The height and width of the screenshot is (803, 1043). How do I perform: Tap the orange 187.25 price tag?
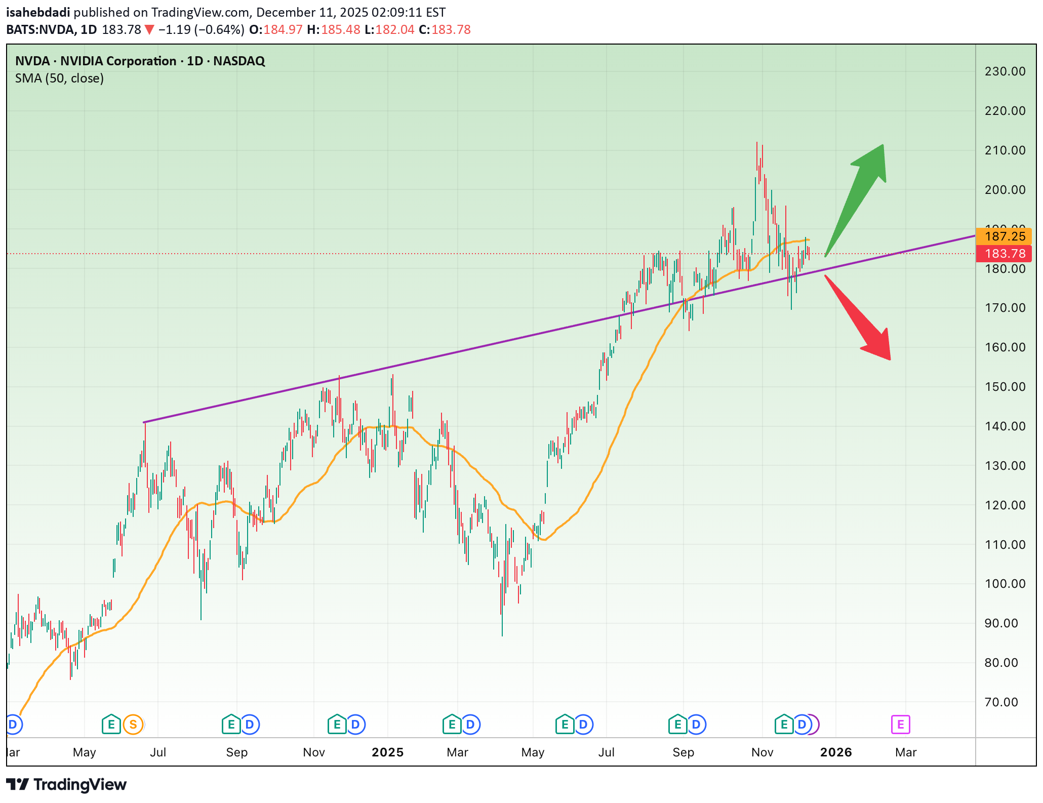click(1005, 236)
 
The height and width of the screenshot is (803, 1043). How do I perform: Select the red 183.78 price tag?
click(1005, 254)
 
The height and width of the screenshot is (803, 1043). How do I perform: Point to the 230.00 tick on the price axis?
click(1005, 71)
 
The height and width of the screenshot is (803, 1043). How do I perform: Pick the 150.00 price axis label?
click(1005, 387)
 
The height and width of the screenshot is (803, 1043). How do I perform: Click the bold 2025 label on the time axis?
click(387, 752)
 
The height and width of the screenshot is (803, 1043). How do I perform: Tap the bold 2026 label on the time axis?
click(836, 752)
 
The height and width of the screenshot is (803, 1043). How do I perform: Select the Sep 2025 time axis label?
click(683, 752)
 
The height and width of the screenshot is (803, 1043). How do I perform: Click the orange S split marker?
click(133, 725)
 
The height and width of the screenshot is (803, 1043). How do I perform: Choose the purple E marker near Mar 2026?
click(900, 725)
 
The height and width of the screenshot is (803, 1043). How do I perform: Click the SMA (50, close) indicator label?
click(59, 78)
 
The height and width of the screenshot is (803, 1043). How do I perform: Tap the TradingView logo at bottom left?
click(66, 785)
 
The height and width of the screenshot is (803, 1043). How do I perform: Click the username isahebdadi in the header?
click(38, 12)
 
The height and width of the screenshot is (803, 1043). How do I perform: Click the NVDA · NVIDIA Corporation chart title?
click(140, 61)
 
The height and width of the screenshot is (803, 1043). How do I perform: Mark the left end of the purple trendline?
click(144, 422)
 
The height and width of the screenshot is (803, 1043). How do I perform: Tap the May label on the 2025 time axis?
click(533, 752)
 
